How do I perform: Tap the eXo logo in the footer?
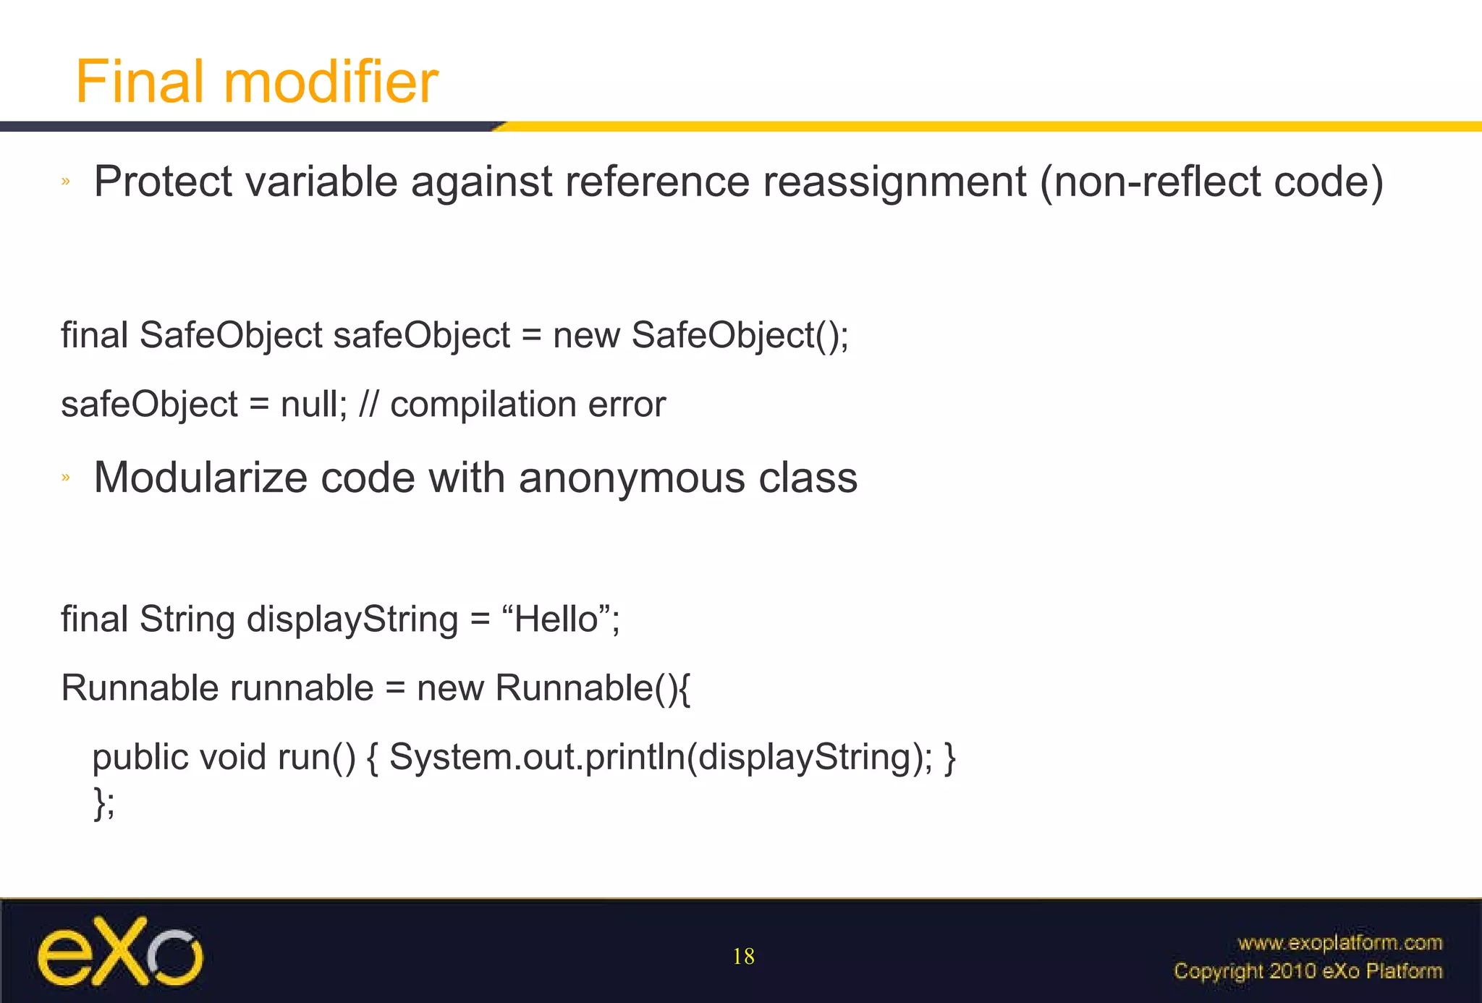(x=120, y=952)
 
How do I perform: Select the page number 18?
(x=743, y=957)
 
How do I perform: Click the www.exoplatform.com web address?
(x=1339, y=942)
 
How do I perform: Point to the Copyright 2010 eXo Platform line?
(x=1308, y=970)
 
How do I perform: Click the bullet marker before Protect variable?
(x=66, y=181)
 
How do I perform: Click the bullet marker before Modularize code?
(x=66, y=477)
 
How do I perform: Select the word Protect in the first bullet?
(x=163, y=181)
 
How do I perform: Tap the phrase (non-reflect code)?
(x=1211, y=181)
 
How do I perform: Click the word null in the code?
(x=310, y=404)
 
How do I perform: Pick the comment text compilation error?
(x=528, y=404)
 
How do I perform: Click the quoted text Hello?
(x=556, y=619)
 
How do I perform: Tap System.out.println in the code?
(x=537, y=757)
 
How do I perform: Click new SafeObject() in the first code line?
(x=700, y=335)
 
